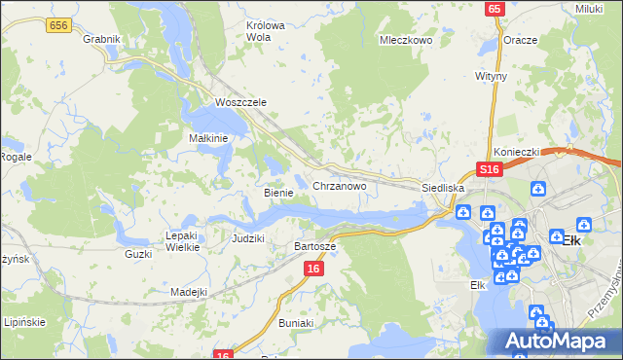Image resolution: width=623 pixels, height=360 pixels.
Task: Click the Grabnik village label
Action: coord(101,39)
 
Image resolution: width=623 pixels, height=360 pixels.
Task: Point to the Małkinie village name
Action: coord(207,138)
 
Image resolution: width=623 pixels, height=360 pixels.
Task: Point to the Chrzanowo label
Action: coord(339,185)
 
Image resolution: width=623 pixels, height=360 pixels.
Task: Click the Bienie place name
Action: coord(278,193)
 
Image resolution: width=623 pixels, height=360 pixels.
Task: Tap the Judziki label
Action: coord(248,238)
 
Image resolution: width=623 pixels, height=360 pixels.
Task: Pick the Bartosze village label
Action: coord(314,247)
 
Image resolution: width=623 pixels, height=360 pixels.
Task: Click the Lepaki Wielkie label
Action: coord(183,241)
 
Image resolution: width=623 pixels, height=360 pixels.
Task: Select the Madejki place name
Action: coord(189,292)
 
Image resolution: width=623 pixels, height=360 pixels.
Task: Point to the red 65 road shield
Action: coord(495,8)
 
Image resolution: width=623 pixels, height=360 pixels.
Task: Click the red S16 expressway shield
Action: coord(489,170)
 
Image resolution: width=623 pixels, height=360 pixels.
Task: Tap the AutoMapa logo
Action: coord(558,341)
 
